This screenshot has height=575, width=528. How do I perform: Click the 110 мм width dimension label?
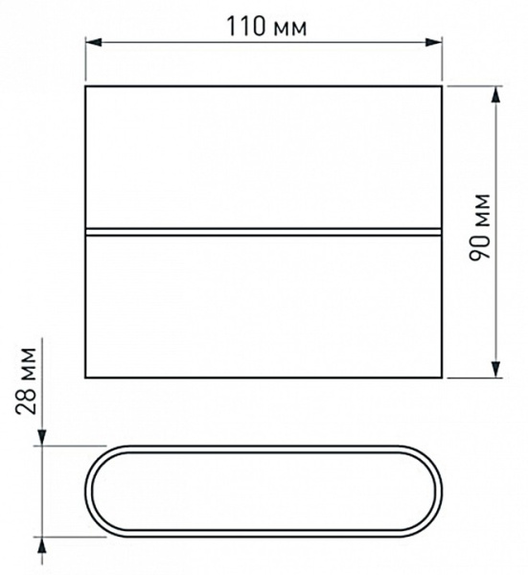(x=267, y=27)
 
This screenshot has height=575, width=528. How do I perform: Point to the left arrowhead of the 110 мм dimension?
(x=92, y=41)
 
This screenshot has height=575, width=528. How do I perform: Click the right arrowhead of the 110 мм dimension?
(x=436, y=41)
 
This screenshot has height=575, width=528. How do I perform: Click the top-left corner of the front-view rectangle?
(x=86, y=87)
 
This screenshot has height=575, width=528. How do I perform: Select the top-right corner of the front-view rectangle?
(x=443, y=87)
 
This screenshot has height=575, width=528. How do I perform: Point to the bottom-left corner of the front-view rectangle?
(x=86, y=378)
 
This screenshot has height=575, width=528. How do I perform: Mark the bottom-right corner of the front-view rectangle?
(x=443, y=378)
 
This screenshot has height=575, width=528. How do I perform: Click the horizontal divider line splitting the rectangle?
(x=264, y=232)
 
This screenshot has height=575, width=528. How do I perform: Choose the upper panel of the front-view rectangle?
(x=264, y=159)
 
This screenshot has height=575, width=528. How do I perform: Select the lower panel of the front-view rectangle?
(x=264, y=306)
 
